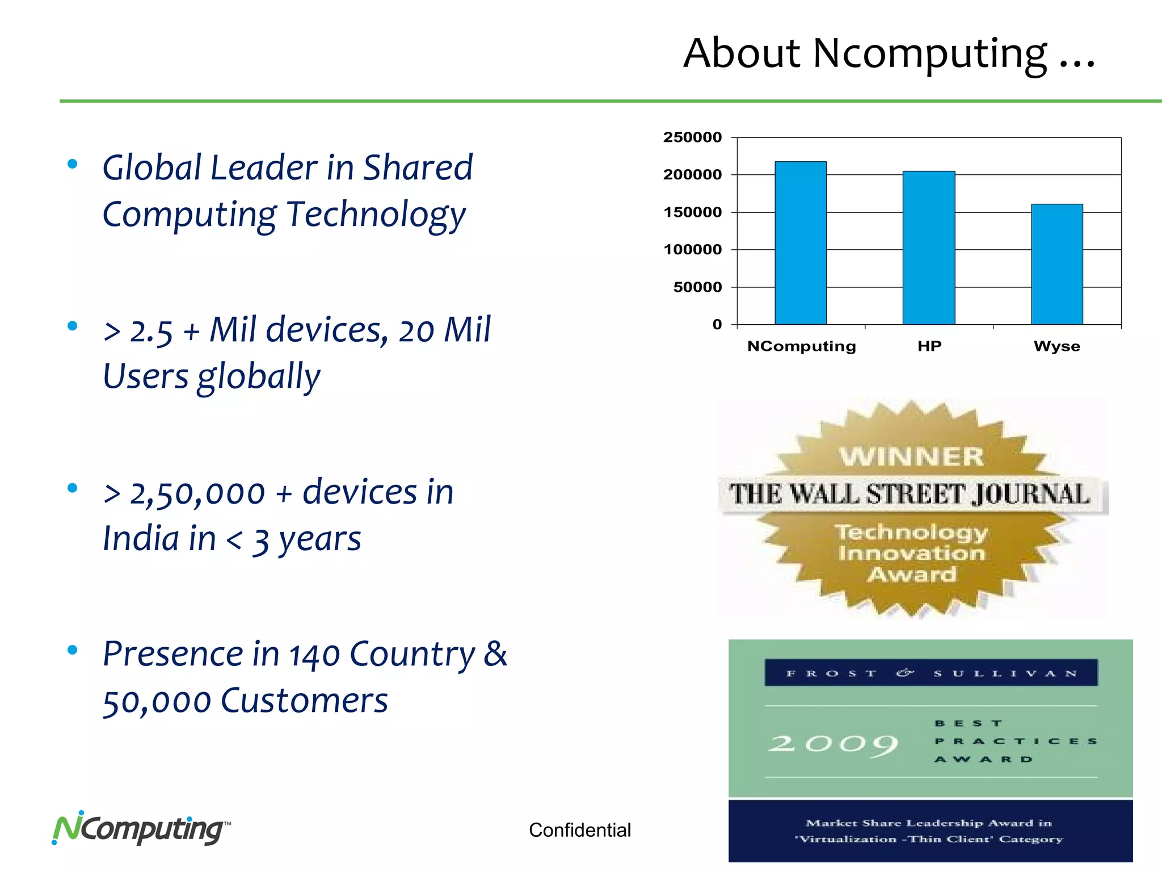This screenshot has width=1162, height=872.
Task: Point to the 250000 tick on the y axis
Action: point(692,137)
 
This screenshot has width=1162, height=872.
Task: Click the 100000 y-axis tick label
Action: point(692,249)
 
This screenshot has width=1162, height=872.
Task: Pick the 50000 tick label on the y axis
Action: point(697,287)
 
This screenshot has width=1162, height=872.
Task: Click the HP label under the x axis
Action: point(929,346)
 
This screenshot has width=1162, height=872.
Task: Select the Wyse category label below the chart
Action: point(1056,346)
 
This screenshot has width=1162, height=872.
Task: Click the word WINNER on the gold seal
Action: point(912,456)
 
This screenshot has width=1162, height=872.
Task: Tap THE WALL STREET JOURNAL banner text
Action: point(910,494)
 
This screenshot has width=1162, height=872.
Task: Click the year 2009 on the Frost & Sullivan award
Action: point(833,744)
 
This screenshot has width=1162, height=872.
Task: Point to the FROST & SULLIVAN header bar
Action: point(931,673)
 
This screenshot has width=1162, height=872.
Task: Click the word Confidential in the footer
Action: point(579,830)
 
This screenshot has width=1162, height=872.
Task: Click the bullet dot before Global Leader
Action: point(72,164)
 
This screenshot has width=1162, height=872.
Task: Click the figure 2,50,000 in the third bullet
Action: point(197,493)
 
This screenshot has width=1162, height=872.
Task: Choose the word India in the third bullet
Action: point(159,538)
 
